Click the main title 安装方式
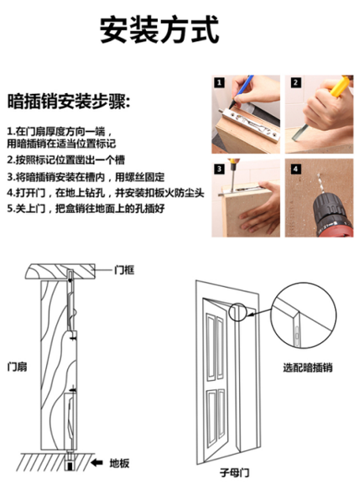(x=159, y=30)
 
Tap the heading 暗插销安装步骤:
(x=69, y=101)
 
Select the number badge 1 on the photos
(x=219, y=83)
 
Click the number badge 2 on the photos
(x=295, y=83)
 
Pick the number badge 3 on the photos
(x=219, y=169)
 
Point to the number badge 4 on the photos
(x=295, y=169)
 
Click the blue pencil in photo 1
(x=243, y=88)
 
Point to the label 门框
(x=124, y=270)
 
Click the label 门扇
(x=17, y=367)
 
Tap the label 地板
(x=119, y=463)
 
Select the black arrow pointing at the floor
(x=97, y=462)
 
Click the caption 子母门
(x=235, y=472)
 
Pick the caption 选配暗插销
(x=308, y=367)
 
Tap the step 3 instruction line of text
(x=86, y=177)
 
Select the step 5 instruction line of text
(x=86, y=209)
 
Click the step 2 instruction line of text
(x=66, y=160)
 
